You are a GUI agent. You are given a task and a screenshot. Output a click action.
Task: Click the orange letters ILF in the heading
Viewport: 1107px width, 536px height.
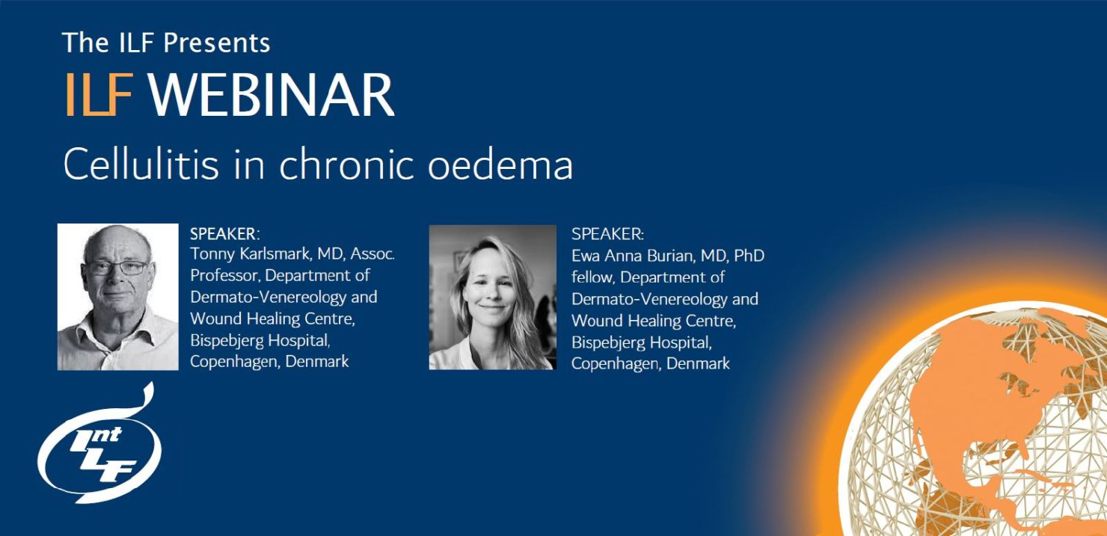99,94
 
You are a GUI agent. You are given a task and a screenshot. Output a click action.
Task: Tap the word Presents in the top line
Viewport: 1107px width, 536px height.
216,43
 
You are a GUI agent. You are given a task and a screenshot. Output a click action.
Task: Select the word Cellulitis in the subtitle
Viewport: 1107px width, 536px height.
141,164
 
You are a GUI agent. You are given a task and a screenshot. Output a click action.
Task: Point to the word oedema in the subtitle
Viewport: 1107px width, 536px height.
500,164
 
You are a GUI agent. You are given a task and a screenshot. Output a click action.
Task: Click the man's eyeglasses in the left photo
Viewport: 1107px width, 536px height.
117,268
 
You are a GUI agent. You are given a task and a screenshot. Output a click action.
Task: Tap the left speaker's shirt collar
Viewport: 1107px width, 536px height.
119,332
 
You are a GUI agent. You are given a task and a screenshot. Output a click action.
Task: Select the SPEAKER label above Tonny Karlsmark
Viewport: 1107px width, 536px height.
224,234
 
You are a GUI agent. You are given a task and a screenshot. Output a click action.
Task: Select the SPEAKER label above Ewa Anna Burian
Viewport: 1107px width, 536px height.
607,234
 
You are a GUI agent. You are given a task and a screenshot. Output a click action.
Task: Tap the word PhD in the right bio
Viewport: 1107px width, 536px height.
749,256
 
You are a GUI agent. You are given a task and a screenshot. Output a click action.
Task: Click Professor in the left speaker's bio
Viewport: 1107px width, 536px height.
225,275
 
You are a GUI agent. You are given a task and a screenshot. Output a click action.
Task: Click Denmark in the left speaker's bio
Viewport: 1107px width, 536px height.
317,361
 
